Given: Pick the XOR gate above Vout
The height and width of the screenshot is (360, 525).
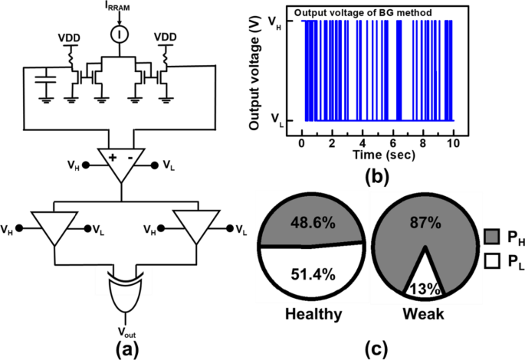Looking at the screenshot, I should click(124, 292).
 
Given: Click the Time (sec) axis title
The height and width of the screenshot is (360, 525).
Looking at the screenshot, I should click(377, 155).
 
